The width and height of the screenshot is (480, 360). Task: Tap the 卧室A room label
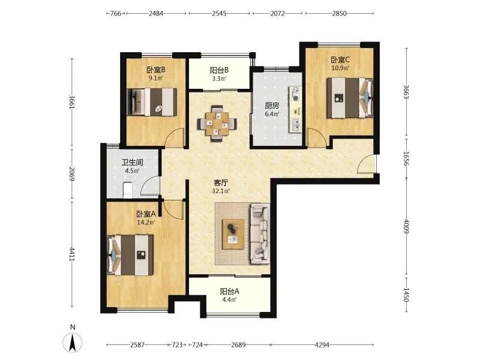pos(146,214)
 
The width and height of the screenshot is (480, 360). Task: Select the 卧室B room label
pos(156,70)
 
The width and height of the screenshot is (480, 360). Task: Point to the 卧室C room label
pos(340,59)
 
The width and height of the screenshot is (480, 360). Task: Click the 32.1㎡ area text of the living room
pos(221,191)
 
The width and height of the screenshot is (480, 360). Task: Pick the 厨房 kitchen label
pos(272,106)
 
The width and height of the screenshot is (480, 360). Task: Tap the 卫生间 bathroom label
pos(132,163)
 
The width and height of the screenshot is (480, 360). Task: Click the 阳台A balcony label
pos(229,292)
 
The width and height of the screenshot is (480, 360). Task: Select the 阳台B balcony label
pos(219,70)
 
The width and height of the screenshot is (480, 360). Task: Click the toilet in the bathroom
pos(127,190)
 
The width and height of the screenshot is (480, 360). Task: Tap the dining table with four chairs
pos(217,124)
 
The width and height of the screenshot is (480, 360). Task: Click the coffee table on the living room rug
pos(233,234)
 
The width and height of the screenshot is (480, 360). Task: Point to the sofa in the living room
pos(260,233)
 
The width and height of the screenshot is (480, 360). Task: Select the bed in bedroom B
pos(152,102)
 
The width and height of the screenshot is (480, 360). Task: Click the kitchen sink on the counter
pos(296,125)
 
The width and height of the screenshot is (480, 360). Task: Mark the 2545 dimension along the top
pos(219,13)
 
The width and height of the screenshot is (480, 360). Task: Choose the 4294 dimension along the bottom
pos(322,345)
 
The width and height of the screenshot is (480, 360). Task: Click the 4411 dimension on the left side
pos(71,254)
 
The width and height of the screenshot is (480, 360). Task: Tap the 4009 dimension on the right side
pos(406,227)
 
